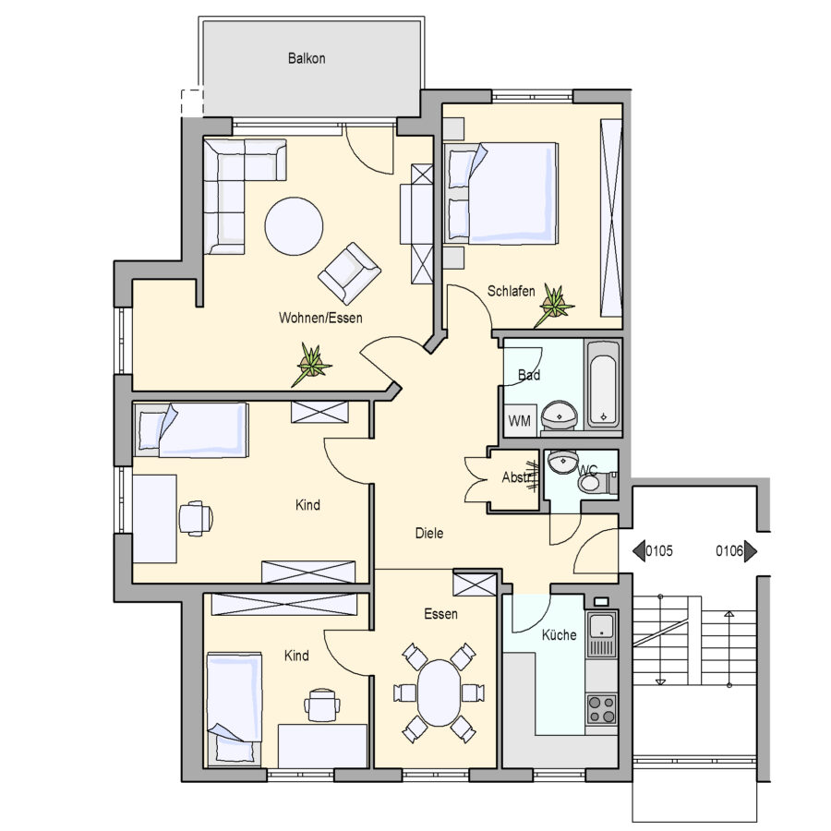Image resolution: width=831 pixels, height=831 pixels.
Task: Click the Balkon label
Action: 307,58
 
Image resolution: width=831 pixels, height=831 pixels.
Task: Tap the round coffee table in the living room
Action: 295,226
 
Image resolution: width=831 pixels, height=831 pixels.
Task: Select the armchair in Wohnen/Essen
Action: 349,273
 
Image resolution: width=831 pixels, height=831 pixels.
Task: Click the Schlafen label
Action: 511,291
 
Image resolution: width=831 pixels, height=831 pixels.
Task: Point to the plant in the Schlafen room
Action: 554,306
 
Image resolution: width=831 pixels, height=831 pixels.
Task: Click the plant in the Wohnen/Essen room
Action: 312,364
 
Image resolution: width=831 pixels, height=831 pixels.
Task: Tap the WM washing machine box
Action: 519,421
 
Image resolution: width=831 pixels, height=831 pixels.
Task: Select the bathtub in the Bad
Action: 603,384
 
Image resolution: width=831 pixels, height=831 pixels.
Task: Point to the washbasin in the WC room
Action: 561,463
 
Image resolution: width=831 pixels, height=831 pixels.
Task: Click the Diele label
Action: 429,533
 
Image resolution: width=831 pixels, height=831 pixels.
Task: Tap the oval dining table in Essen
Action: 440,692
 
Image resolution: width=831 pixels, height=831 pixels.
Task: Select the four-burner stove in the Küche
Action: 601,709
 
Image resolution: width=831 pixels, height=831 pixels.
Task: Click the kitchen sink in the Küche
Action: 601,634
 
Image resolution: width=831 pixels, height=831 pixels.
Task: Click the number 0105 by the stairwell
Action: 658,551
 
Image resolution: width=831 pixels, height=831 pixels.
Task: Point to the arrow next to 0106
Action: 751,551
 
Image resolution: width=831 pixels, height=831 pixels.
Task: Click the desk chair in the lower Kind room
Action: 322,705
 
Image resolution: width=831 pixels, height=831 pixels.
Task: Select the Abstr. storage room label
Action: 518,477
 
